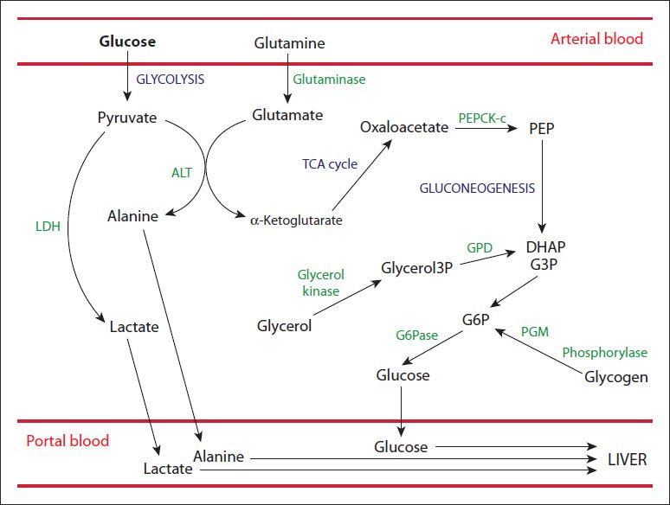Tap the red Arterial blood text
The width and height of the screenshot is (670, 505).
pos(596,39)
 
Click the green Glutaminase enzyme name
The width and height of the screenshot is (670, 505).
pos(329,79)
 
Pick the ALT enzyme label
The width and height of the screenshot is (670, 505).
pos(181,172)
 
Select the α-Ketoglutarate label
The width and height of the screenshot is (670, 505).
pos(295,221)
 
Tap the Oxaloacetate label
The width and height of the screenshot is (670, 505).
pos(404,127)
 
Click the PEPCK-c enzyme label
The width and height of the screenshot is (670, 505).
pos(481,116)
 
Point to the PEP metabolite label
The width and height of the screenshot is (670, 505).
pos(541,128)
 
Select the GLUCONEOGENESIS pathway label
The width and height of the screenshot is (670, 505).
pos(477,188)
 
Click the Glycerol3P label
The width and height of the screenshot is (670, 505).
pos(417,268)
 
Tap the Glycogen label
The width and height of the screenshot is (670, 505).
pos(615,377)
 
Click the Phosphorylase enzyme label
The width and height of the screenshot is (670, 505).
pos(604,353)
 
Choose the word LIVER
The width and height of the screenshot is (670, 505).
pos(627,459)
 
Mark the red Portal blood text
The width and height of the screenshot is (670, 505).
pos(68,441)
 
